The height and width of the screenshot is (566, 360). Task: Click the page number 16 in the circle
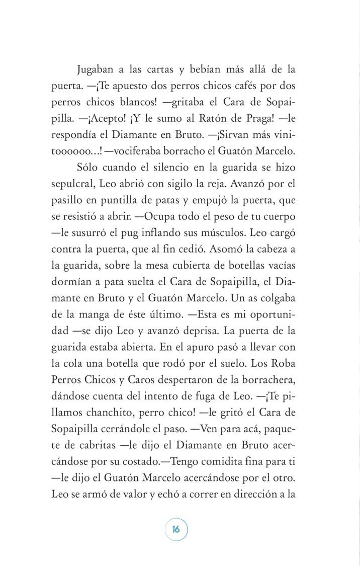[175, 529]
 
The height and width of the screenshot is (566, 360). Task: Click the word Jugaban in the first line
[99, 69]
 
